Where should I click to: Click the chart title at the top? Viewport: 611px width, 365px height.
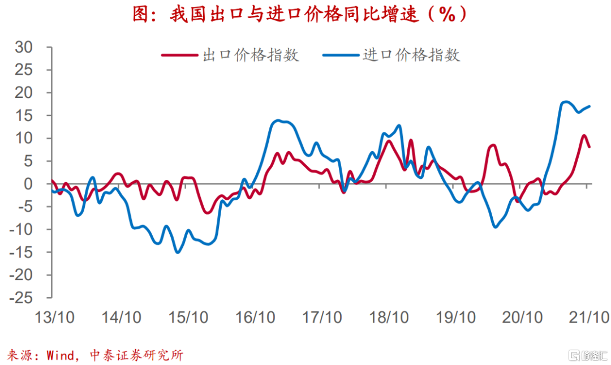(300, 14)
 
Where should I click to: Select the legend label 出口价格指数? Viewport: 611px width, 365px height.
(250, 55)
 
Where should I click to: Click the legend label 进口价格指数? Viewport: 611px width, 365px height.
(411, 55)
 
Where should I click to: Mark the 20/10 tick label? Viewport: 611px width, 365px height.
(522, 317)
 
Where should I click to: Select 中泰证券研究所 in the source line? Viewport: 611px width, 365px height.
(136, 355)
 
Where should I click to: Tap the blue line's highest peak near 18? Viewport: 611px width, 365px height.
(566, 102)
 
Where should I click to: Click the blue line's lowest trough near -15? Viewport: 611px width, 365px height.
(178, 252)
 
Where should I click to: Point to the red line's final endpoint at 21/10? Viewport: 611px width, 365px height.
(590, 147)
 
